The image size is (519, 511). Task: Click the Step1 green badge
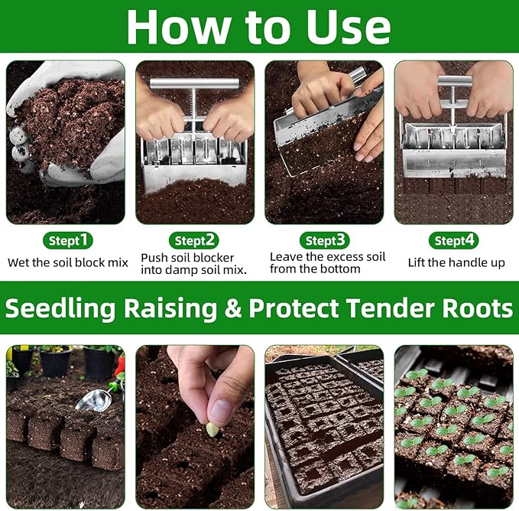(68, 240)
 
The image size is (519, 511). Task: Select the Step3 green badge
(326, 240)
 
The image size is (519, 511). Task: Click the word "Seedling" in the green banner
(60, 308)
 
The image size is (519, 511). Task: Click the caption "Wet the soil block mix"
(68, 262)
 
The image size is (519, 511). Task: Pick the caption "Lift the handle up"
(457, 262)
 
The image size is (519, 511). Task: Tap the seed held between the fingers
(212, 429)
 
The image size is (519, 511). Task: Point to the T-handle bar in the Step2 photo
(194, 83)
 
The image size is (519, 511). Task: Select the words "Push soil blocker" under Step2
(188, 257)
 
